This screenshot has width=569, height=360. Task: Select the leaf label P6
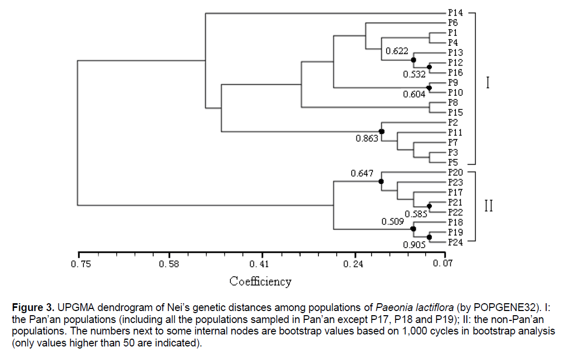tap(453, 22)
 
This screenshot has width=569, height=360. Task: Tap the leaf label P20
tap(455, 172)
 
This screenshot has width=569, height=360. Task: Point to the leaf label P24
tap(455, 242)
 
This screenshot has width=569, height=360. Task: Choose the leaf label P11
tap(455, 132)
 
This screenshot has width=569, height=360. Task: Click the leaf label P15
tap(455, 113)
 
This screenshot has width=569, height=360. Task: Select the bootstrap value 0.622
tap(396, 51)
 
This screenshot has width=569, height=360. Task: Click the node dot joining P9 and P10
tap(429, 88)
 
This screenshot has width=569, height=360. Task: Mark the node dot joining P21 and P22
tap(429, 207)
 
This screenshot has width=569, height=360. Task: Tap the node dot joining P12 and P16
tap(429, 67)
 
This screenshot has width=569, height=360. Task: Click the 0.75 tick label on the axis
tap(81, 264)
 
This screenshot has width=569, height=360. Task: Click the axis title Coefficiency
tap(261, 282)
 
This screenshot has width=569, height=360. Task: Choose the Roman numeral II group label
tap(488, 206)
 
